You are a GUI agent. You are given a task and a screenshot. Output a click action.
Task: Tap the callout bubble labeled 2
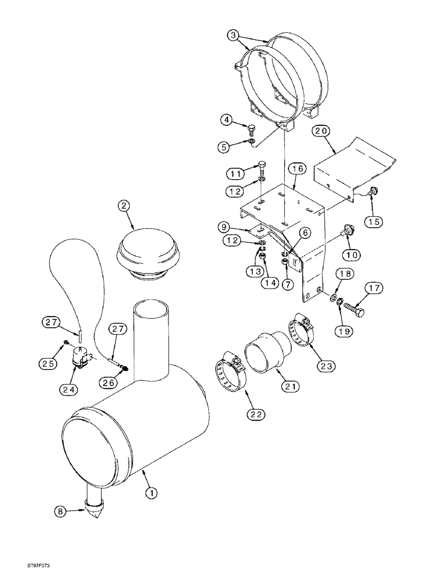point(123,206)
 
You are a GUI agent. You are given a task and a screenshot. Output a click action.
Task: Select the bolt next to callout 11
point(262,168)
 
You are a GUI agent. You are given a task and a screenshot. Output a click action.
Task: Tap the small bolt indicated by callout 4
point(251,128)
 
